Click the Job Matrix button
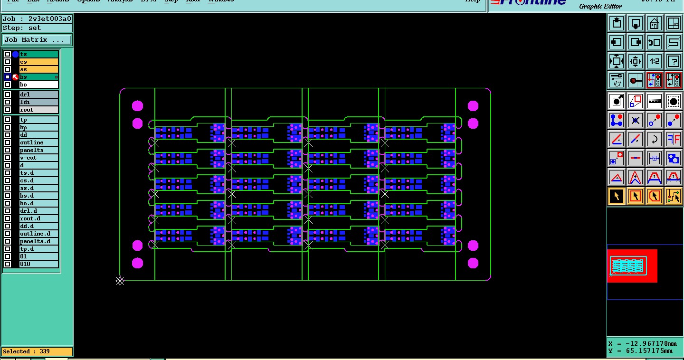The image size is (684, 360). click(37, 40)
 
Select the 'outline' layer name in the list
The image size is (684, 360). click(38, 142)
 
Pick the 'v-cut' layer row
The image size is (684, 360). click(38, 158)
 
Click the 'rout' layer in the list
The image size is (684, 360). click(38, 110)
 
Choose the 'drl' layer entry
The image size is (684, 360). click(38, 95)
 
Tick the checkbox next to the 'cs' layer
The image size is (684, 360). click(8, 62)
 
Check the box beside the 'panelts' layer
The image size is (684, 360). click(8, 150)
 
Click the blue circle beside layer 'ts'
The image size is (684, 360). click(15, 54)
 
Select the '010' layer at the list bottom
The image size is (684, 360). click(38, 264)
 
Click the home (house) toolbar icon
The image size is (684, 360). click(655, 23)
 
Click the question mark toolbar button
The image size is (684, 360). click(674, 61)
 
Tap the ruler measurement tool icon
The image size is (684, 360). click(655, 101)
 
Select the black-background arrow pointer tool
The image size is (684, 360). click(617, 196)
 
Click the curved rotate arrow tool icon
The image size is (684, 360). click(655, 139)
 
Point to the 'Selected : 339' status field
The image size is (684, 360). click(37, 351)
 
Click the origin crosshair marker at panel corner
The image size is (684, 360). click(120, 281)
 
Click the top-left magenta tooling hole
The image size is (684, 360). click(137, 105)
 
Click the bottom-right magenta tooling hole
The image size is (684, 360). click(473, 263)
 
